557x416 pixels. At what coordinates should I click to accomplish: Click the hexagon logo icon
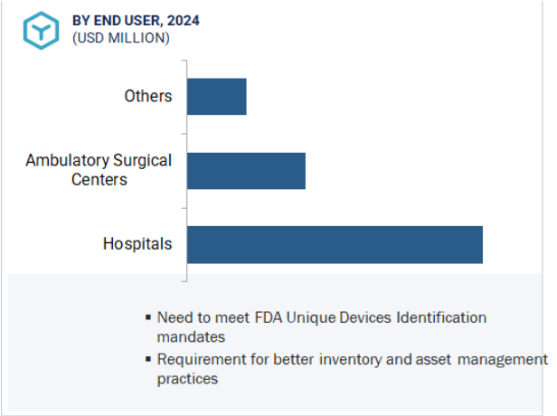pyautogui.click(x=42, y=31)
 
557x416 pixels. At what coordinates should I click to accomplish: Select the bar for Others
pyautogui.click(x=217, y=97)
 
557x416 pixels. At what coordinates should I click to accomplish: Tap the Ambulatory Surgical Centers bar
pyautogui.click(x=246, y=171)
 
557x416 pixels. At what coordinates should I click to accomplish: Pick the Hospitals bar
pyautogui.click(x=335, y=245)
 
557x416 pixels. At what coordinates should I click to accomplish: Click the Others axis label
pyautogui.click(x=148, y=96)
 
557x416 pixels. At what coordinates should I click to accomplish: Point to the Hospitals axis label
pyautogui.click(x=137, y=244)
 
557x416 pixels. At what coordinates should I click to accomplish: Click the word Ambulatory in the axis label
pyautogui.click(x=68, y=161)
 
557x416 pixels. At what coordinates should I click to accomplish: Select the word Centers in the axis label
pyautogui.click(x=99, y=179)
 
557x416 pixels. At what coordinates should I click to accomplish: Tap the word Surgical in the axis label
pyautogui.click(x=143, y=161)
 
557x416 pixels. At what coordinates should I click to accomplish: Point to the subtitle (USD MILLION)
pyautogui.click(x=121, y=38)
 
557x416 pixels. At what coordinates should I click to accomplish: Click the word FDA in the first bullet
pyautogui.click(x=269, y=317)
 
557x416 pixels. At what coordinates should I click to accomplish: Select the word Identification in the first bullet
pyautogui.click(x=441, y=317)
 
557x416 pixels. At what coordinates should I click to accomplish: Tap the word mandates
pyautogui.click(x=191, y=336)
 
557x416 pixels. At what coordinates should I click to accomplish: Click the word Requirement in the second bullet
pyautogui.click(x=202, y=360)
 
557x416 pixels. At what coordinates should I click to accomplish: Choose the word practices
pyautogui.click(x=187, y=379)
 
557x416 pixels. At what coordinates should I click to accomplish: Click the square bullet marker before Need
pyautogui.click(x=148, y=317)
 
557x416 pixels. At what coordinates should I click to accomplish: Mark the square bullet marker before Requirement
pyautogui.click(x=148, y=359)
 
